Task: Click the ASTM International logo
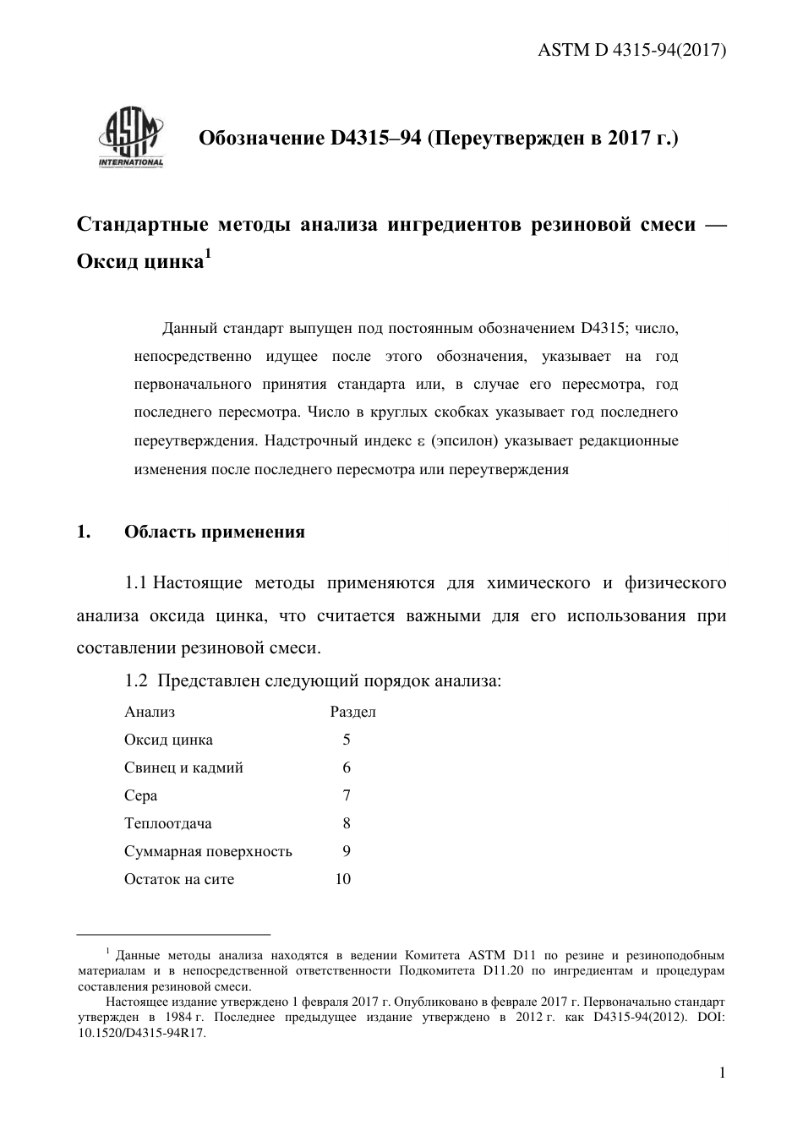131,138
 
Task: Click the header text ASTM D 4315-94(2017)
632,50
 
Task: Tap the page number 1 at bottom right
722,1073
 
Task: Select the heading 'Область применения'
215,532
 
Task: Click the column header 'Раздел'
352,712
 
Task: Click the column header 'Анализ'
150,712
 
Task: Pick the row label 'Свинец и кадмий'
183,767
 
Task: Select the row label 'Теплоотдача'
168,823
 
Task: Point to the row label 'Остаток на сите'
179,879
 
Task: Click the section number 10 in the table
342,879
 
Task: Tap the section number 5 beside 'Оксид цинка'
347,740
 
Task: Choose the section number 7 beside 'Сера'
347,795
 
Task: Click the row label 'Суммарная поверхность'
208,851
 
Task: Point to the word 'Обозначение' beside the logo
257,138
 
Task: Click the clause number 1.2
136,680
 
